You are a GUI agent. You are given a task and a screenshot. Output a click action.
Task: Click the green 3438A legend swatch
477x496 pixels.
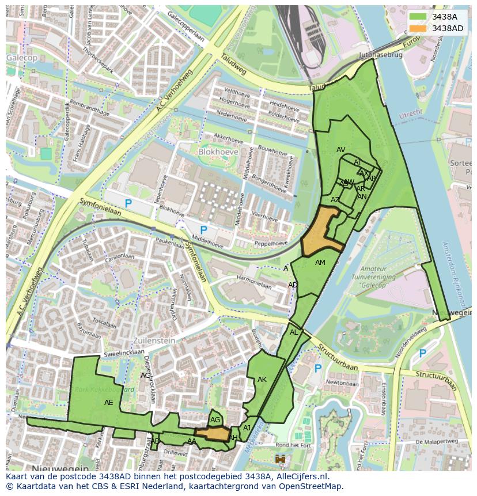(x=419, y=17)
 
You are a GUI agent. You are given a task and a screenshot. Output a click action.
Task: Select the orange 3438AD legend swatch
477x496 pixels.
(x=419, y=28)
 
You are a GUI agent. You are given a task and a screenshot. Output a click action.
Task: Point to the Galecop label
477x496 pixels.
(x=22, y=58)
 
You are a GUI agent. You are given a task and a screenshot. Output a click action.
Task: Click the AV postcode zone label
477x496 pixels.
(x=341, y=150)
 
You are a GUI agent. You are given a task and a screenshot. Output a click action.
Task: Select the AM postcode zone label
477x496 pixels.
(x=320, y=263)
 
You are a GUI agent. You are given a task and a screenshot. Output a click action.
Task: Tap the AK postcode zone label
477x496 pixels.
(x=262, y=380)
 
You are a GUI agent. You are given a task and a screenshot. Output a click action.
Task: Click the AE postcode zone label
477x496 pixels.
(x=109, y=403)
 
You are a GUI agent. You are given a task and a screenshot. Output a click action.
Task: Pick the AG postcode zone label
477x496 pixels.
(x=215, y=420)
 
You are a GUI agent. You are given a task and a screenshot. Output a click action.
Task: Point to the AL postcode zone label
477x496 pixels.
(x=294, y=332)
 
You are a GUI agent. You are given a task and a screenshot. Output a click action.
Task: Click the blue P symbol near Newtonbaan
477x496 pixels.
(x=317, y=368)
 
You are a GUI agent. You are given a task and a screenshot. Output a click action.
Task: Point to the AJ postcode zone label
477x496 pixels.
(x=247, y=428)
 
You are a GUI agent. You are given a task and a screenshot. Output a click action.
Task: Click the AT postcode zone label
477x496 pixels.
(x=358, y=162)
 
